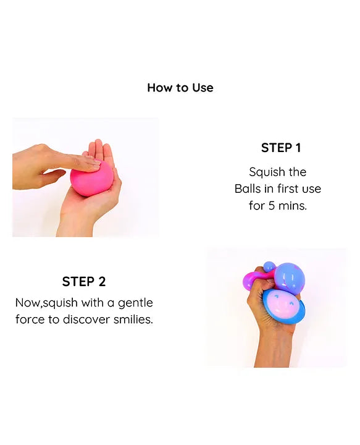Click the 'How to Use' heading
click(x=180, y=88)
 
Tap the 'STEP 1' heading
click(x=281, y=148)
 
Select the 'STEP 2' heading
click(x=84, y=282)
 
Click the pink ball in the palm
click(x=91, y=178)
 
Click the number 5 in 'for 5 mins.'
click(x=272, y=205)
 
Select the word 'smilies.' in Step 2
click(x=133, y=320)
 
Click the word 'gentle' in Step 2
click(x=135, y=303)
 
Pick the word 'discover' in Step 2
click(x=86, y=320)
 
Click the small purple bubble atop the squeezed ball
click(x=269, y=267)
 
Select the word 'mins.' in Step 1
click(x=293, y=205)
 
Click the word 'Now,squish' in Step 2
click(x=46, y=303)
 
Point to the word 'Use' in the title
click(x=203, y=88)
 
